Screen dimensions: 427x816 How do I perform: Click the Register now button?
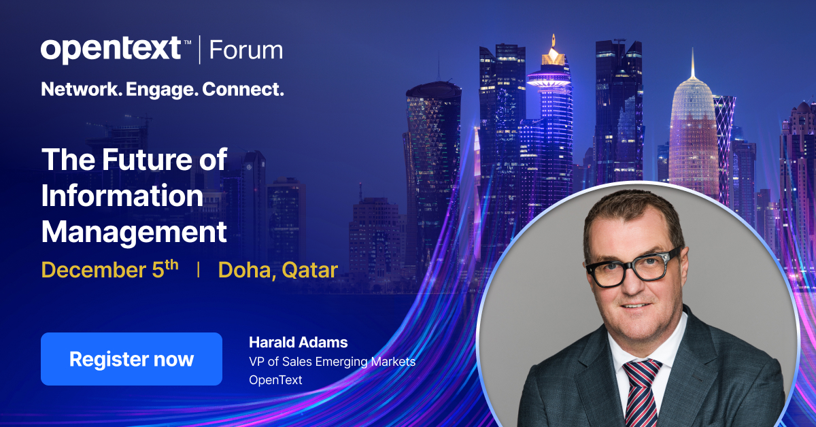131,359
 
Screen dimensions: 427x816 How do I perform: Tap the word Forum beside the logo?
245,50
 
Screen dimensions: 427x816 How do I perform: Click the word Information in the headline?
122,197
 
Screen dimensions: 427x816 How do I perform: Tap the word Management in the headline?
134,233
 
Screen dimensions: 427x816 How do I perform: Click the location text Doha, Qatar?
277,270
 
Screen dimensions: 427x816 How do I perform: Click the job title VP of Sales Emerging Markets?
332,362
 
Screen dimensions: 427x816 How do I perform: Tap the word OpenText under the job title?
276,379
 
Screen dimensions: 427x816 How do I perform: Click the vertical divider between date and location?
198,270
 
